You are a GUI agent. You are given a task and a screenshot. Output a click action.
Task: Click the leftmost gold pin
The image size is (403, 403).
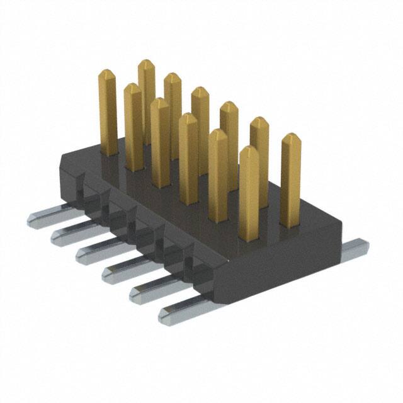[x=108, y=113]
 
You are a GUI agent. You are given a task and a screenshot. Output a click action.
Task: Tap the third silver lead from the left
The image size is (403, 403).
[x=94, y=252]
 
